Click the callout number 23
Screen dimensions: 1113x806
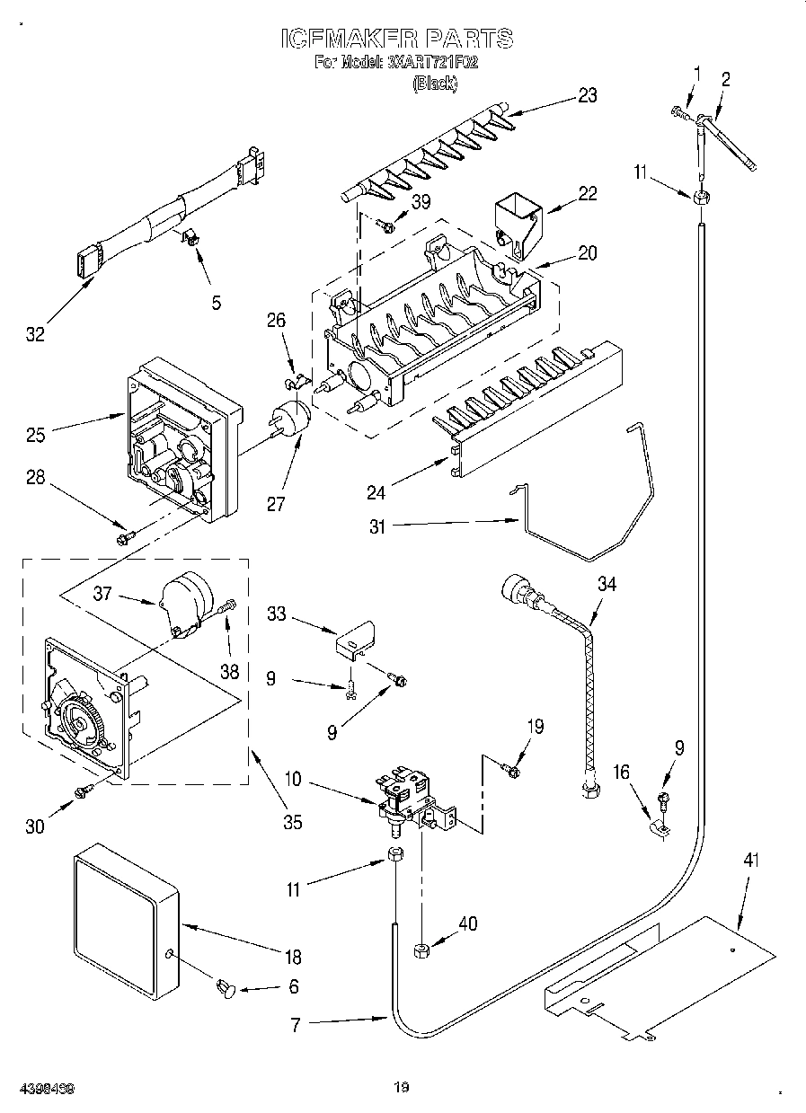click(x=587, y=96)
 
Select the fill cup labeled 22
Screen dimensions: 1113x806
click(x=519, y=217)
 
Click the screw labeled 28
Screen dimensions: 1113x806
click(x=124, y=537)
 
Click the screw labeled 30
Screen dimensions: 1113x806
click(x=84, y=790)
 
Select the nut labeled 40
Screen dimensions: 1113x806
click(x=420, y=950)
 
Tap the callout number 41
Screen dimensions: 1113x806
click(x=751, y=861)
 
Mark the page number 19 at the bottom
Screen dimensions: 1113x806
click(x=401, y=1088)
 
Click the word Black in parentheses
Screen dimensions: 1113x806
click(x=435, y=84)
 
